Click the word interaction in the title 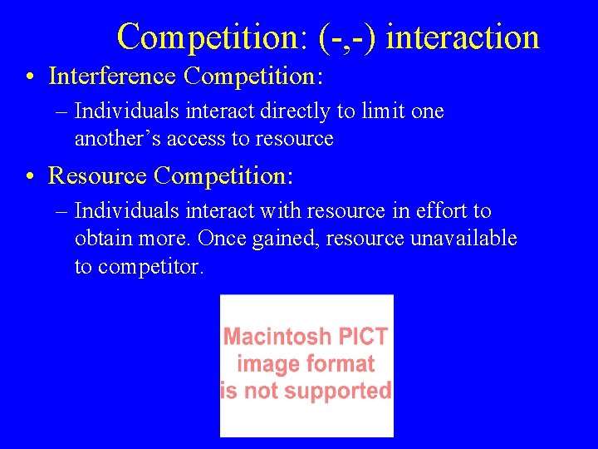463,37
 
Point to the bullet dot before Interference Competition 30,77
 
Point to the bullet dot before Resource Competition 30,176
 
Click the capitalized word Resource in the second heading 98,175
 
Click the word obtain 101,239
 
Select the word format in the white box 340,363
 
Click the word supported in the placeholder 341,391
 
